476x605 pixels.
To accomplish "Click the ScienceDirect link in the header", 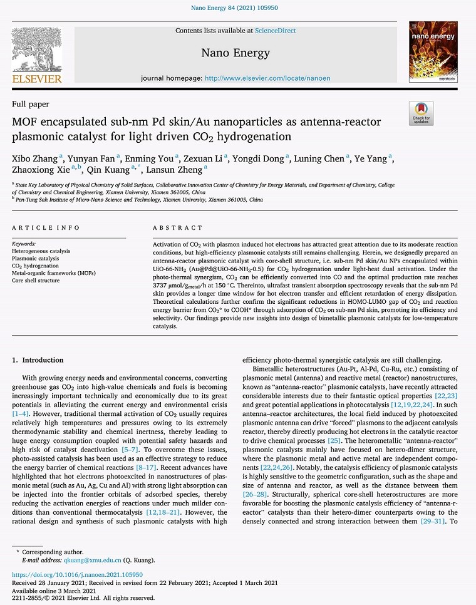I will pyautogui.click(x=276, y=30).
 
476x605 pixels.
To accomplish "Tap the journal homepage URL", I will pyautogui.click(x=267, y=78).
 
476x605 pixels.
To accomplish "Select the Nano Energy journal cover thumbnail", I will pyautogui.click(x=429, y=51).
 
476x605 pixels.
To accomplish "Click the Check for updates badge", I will pyautogui.click(x=421, y=113).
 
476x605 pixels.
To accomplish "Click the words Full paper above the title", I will pyautogui.click(x=31, y=104).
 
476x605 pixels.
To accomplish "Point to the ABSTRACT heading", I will pyautogui.click(x=178, y=227).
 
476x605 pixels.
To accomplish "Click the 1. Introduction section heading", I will pyautogui.click(x=38, y=360).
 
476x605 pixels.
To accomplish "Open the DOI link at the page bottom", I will pyautogui.click(x=78, y=574).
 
